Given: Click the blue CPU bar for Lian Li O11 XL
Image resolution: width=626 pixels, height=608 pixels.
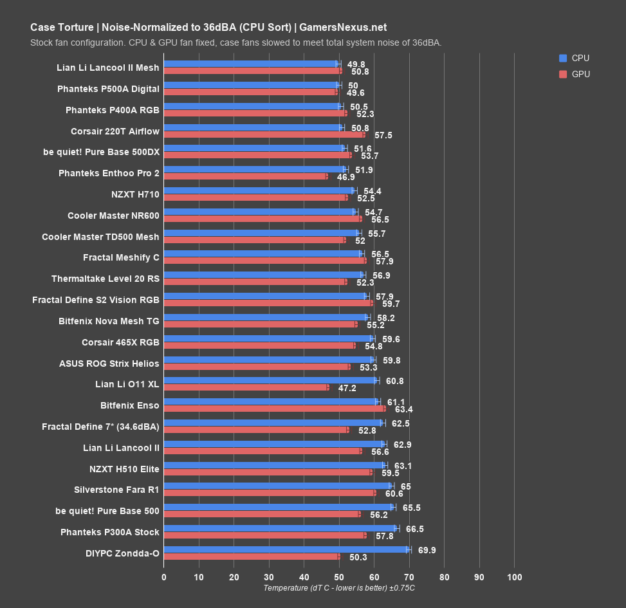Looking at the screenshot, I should point(270,380).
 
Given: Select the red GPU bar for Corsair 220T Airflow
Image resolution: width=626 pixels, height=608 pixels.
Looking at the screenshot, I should point(264,134).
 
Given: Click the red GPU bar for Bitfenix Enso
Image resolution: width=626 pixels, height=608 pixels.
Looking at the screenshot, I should point(275,408).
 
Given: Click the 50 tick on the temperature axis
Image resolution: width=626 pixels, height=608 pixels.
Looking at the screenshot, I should point(338,577).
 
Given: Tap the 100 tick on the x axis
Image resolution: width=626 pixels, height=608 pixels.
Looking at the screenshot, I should point(514,577).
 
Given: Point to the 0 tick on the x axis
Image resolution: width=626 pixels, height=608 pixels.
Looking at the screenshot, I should point(164,577).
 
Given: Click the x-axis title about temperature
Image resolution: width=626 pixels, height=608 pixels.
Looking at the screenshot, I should point(339,588).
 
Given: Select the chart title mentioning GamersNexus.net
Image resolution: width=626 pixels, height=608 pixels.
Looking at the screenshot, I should point(208,27).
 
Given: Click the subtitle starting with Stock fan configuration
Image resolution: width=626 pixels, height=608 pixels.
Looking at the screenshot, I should point(235,42).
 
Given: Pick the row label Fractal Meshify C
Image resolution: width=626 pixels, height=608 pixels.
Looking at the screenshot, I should point(121,257).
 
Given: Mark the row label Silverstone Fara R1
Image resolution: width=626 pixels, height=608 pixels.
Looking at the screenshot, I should point(116,489).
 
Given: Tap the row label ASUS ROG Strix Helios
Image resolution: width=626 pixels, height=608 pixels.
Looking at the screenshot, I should point(109,364).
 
